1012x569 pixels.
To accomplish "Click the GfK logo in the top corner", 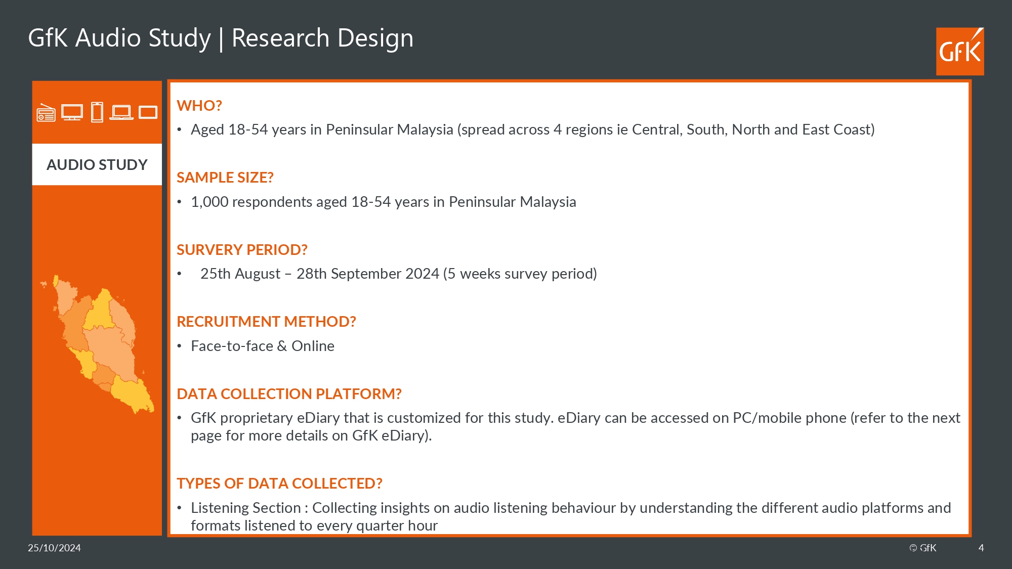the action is coord(960,52).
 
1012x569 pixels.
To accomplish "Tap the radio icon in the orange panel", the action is coord(46,113).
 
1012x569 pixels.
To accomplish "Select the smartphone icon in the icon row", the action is coord(97,112).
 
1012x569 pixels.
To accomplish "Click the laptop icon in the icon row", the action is coord(121,112).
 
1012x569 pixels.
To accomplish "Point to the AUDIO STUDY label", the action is coord(97,164).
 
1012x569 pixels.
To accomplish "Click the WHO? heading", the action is coord(199,106).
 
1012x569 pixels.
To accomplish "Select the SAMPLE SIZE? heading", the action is coord(225,178).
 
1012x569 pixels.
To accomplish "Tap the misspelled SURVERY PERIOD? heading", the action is coord(242,250).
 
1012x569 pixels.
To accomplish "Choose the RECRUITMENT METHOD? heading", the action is coord(266,322).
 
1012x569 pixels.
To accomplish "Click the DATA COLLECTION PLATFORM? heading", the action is coord(289,394).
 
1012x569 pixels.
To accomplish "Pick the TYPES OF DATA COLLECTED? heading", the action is coord(279,484).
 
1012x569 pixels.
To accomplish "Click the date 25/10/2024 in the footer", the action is coord(54,548).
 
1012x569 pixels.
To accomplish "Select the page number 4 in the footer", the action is coord(981,548).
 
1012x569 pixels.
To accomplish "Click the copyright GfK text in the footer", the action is coord(923,548).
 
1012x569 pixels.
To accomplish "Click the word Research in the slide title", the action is coord(280,38).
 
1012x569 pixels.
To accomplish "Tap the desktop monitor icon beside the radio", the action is coord(72,112).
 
